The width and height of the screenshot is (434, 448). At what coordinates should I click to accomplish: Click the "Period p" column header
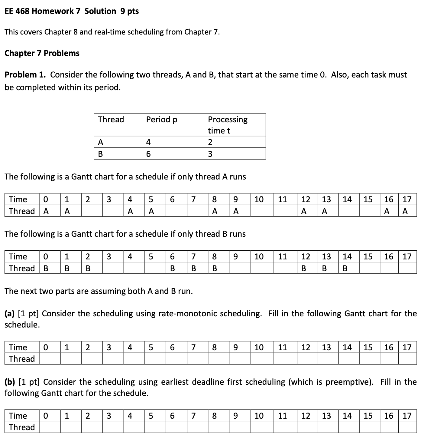[x=161, y=120]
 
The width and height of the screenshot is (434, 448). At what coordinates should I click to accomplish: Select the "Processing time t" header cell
[x=227, y=125]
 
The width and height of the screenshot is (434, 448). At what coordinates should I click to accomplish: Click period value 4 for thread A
[x=148, y=142]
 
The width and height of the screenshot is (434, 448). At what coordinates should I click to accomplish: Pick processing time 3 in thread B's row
[x=210, y=154]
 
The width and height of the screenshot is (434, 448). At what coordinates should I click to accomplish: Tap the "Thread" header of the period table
[x=111, y=120]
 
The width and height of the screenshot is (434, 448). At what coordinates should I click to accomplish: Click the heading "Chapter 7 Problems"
[x=42, y=53]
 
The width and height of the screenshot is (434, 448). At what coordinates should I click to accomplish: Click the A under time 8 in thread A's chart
[x=215, y=211]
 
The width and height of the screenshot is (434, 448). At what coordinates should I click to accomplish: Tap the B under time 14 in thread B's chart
[x=345, y=268]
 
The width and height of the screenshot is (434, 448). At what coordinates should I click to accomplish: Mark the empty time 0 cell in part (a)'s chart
[x=50, y=359]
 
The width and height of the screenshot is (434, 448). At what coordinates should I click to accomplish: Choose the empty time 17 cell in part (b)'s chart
[x=407, y=427]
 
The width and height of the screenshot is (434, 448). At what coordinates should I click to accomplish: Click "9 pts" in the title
[x=129, y=11]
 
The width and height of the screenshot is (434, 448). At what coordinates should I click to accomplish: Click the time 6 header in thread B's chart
[x=172, y=257]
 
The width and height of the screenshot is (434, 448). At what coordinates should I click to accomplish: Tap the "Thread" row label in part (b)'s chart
[x=22, y=427]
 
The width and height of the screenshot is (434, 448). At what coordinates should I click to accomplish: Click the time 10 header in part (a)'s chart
[x=259, y=348]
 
